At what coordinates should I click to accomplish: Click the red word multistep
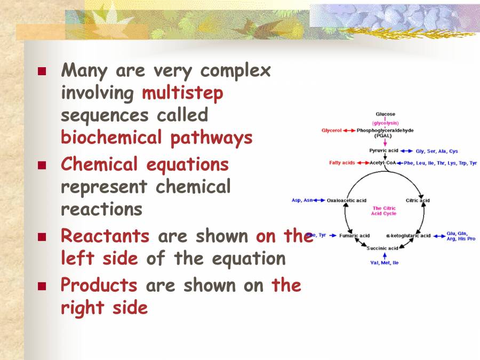[182, 93]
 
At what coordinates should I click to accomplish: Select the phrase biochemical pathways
[157, 138]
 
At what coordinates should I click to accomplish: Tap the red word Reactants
[105, 235]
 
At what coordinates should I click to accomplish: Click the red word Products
[99, 285]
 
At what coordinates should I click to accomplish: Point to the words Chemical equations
[145, 164]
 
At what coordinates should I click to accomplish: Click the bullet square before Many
[42, 71]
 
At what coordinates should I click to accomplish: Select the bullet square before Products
[42, 286]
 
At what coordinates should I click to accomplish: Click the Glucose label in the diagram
[386, 114]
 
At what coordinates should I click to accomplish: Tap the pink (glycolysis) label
[386, 122]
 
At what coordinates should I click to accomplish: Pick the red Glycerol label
[331, 130]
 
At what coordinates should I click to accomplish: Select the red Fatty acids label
[342, 163]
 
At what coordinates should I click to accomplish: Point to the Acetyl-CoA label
[383, 163]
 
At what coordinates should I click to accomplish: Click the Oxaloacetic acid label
[347, 201]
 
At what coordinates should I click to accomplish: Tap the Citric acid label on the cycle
[418, 201]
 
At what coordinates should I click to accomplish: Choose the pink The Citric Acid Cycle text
[384, 211]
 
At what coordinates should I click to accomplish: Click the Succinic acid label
[382, 248]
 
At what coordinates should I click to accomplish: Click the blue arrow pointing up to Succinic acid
[385, 255]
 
